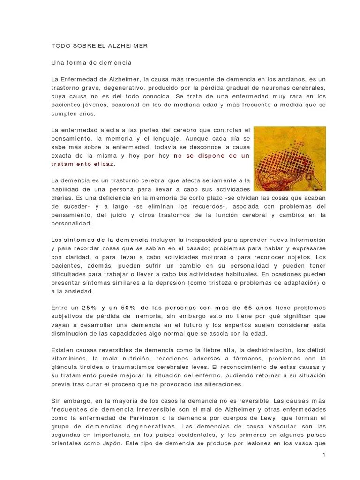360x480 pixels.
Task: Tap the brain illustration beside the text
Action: (x=290, y=158)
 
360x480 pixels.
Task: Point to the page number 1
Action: (x=324, y=455)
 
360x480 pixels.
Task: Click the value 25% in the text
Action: (x=90, y=307)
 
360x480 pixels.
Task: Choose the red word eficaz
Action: (x=103, y=165)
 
